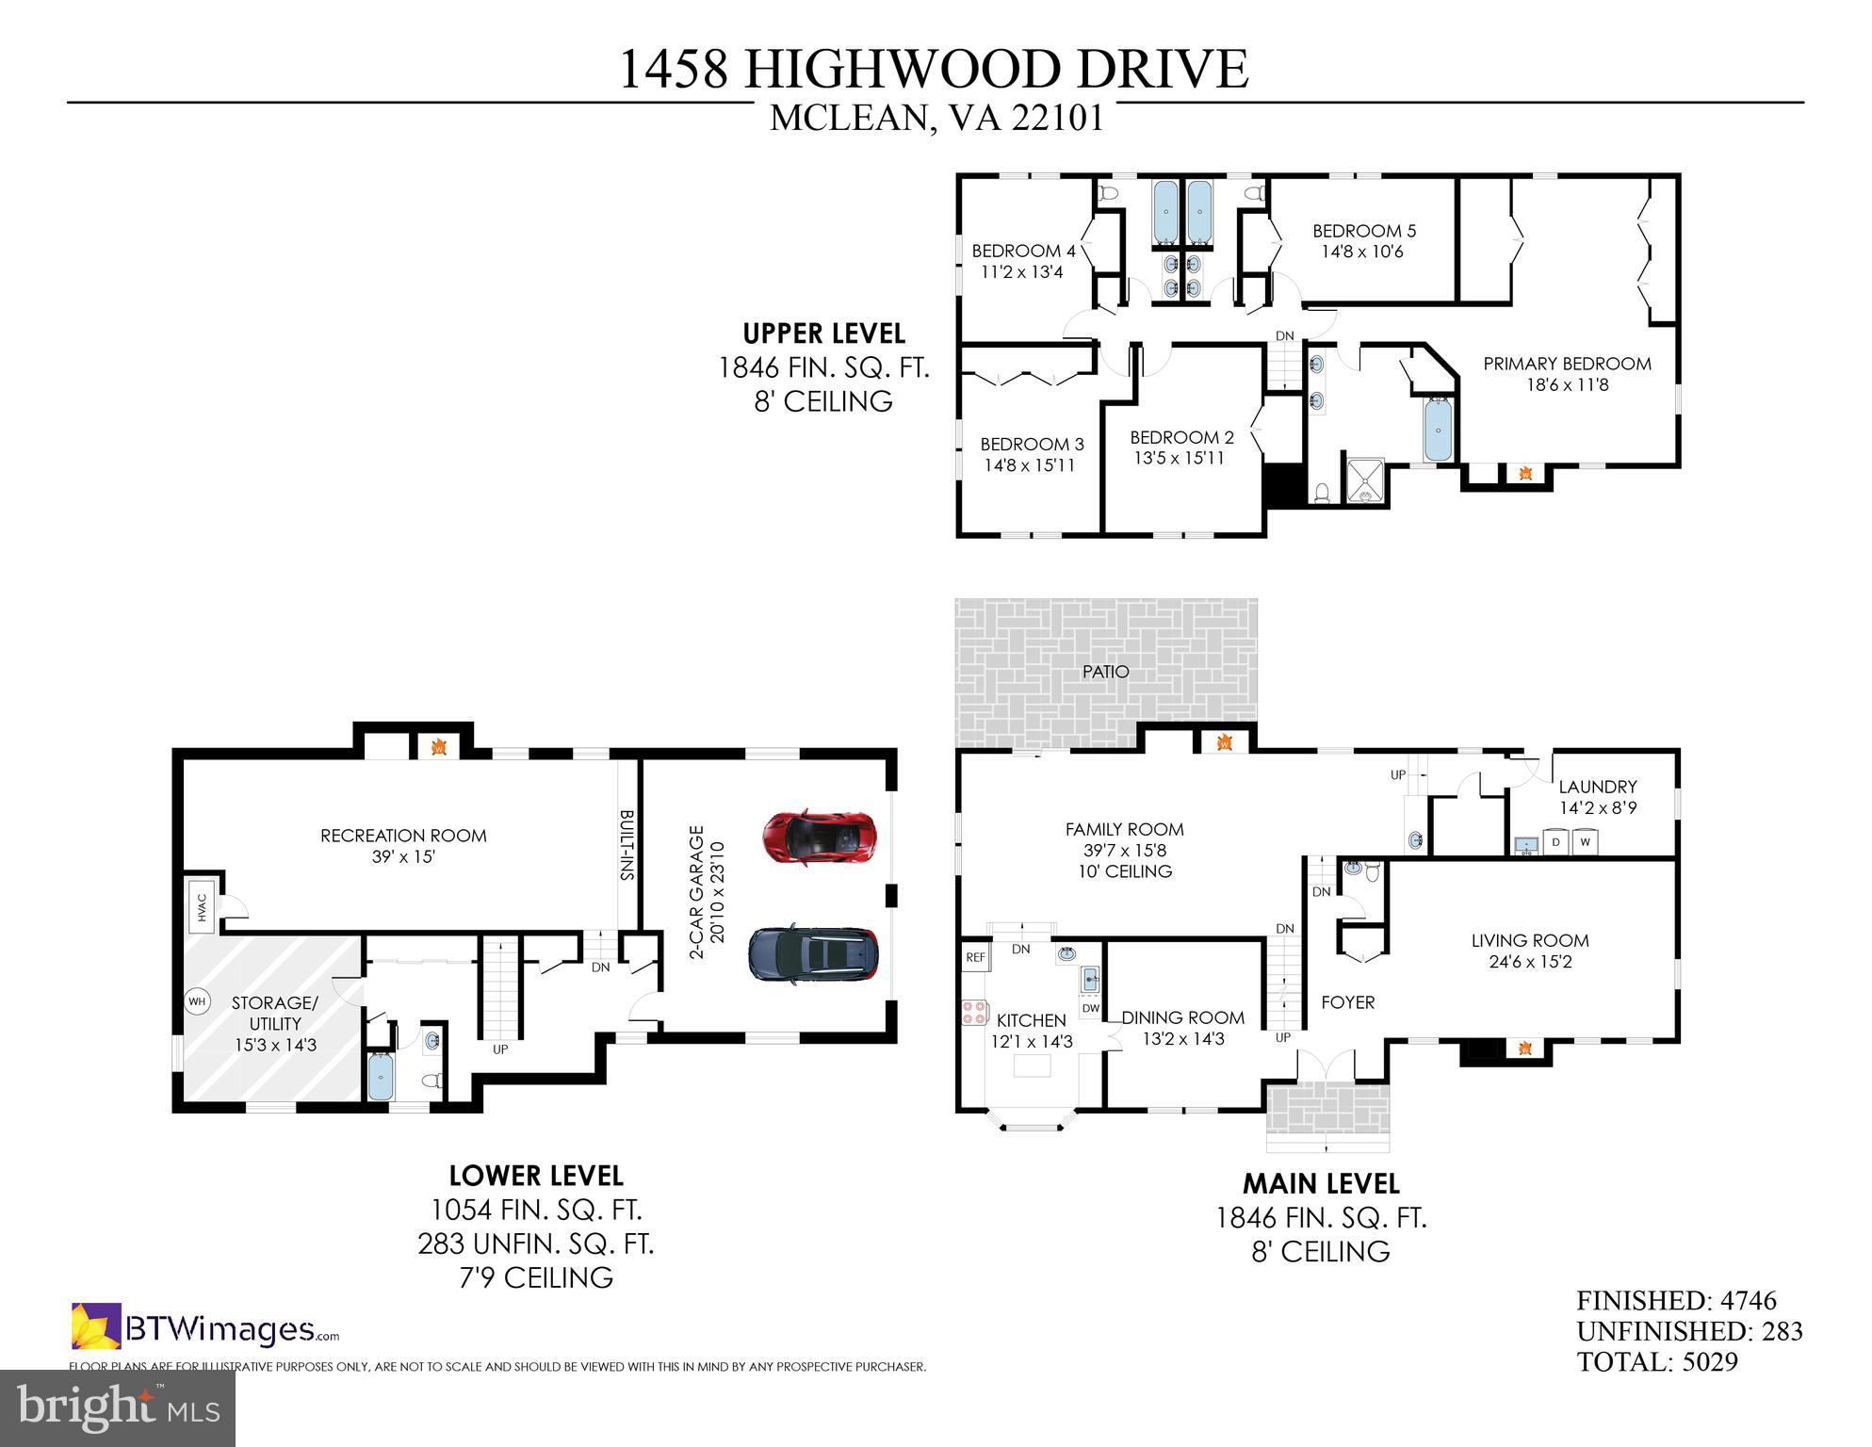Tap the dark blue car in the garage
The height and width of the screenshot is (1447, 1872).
pyautogui.click(x=814, y=952)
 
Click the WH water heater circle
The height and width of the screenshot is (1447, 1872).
pyautogui.click(x=197, y=1001)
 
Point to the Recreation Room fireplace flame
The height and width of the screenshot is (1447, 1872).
pyautogui.click(x=438, y=747)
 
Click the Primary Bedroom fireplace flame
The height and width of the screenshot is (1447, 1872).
pyautogui.click(x=1525, y=474)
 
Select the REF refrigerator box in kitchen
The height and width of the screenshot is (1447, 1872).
pyautogui.click(x=975, y=957)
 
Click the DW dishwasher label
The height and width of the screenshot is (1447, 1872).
pyautogui.click(x=1090, y=1008)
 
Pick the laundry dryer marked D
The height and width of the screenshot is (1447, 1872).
pyautogui.click(x=1555, y=841)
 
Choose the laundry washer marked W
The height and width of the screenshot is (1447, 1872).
pyautogui.click(x=1586, y=841)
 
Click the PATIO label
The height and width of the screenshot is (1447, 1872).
pyautogui.click(x=1105, y=672)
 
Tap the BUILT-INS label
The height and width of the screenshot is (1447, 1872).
pyautogui.click(x=627, y=845)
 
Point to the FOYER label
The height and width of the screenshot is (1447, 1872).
pyautogui.click(x=1348, y=1002)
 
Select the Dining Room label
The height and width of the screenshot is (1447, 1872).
pyautogui.click(x=1182, y=1017)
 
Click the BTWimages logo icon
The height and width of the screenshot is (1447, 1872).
pyautogui.click(x=96, y=1325)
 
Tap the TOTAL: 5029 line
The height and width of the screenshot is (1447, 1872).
pyautogui.click(x=1657, y=1361)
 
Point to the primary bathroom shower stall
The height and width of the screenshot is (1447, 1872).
pyautogui.click(x=1364, y=481)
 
